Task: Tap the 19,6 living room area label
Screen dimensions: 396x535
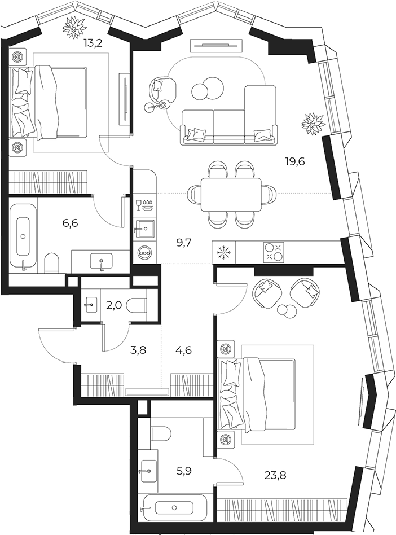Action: tap(294, 161)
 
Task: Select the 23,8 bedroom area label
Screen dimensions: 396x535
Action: tap(275, 475)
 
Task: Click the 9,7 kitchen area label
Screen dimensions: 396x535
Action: tap(184, 243)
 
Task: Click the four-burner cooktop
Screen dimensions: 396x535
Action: tap(274, 252)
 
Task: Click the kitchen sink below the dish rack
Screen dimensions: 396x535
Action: tap(144, 227)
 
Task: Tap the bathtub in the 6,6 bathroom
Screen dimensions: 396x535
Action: tap(23, 236)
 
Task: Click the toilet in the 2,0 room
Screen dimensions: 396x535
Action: tap(136, 305)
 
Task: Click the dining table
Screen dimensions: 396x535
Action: tap(231, 195)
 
